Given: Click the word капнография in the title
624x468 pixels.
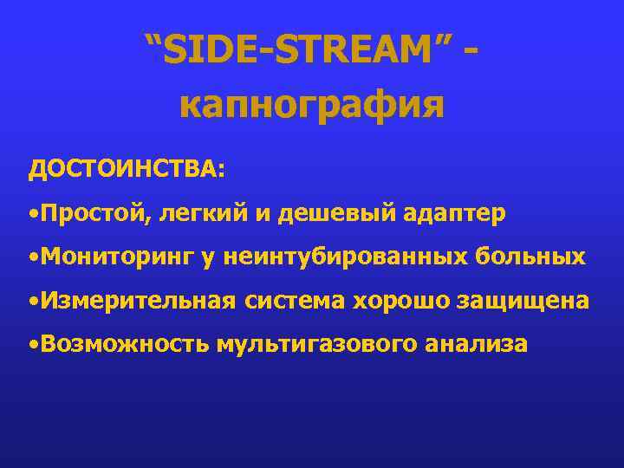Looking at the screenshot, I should pos(312,105).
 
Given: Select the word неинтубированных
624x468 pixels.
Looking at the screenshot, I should pos(346,257).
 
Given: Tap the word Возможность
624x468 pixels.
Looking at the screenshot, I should pos(124,344).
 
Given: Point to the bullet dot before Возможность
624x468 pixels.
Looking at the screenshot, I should pos(32,345).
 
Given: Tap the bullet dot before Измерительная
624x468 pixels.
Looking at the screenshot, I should pos(32,302).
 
